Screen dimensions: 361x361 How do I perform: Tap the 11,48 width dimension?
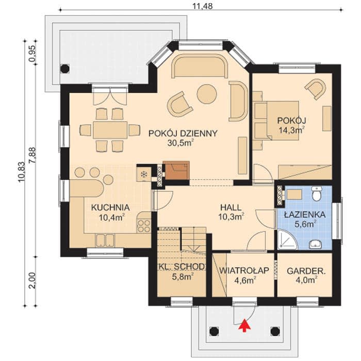202,6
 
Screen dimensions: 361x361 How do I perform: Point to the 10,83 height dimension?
22,172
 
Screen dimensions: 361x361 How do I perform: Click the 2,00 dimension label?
32,281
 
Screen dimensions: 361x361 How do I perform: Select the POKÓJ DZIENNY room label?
183,134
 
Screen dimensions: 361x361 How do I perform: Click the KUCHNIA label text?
110,207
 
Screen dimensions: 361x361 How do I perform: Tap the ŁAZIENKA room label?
305,215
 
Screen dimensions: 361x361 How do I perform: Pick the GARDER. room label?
306,271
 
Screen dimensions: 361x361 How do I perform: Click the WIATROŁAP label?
244,271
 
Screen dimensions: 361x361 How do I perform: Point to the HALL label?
231,207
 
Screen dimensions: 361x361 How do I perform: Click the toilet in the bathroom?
317,193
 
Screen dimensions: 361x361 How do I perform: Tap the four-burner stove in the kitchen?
144,226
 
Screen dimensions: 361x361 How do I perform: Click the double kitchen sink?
105,240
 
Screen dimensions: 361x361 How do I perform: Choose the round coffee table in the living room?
207,94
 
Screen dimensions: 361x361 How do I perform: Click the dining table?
110,130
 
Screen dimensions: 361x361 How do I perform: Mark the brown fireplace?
176,171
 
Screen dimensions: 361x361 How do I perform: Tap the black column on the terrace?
64,69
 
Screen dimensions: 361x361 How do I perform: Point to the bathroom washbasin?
316,244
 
